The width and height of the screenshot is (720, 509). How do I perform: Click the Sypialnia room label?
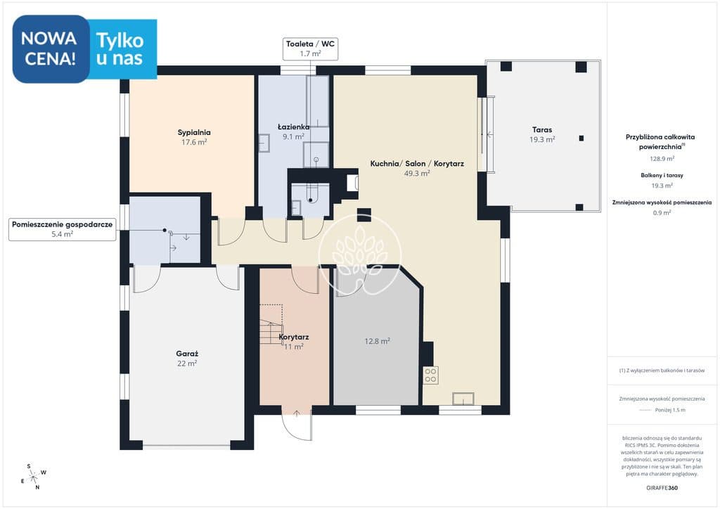point(194,133)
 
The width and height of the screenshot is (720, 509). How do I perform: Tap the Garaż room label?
point(187,354)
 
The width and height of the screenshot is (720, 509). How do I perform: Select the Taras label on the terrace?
point(542,130)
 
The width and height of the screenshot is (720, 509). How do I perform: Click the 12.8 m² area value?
point(377,341)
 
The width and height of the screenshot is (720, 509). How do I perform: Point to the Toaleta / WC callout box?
point(310,49)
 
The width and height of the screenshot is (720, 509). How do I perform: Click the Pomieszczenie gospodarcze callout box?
point(62,229)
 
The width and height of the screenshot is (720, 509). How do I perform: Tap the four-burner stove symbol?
point(430,375)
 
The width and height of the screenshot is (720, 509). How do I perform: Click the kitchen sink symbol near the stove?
point(463,399)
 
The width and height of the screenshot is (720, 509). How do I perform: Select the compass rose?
point(34,477)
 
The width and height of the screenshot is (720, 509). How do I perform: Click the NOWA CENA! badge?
point(51,49)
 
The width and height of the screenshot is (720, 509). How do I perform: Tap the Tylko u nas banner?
point(122,49)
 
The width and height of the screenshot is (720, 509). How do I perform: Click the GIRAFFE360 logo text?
point(662,488)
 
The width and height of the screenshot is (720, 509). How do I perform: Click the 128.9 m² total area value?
point(662,158)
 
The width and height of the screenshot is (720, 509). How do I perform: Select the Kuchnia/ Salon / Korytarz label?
point(417,163)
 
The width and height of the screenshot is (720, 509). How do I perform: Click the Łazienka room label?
point(293,127)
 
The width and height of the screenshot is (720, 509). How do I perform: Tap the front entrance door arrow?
point(297,413)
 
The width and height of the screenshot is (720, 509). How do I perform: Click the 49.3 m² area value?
point(417,174)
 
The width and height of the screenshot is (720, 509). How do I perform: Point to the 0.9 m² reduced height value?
point(662,212)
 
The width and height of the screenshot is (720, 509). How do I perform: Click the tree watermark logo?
point(359,255)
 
